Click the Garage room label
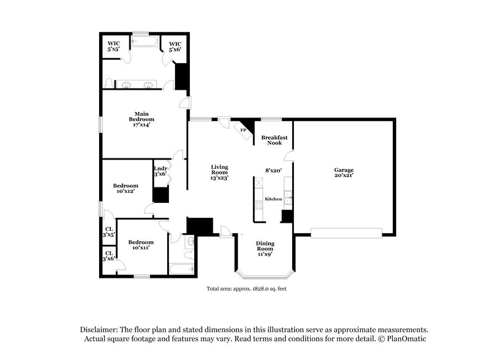coord(344,173)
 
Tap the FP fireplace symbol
coord(243,131)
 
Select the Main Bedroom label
coord(142,119)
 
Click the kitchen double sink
coord(288,198)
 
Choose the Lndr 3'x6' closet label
coord(160,171)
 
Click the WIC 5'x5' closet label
coord(114,46)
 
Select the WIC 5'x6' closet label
coord(176,46)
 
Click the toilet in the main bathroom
coord(110,83)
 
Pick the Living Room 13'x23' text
coord(220,173)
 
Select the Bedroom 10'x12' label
coord(125,188)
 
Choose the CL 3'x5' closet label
coord(108,231)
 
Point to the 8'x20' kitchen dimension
coord(273,169)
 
